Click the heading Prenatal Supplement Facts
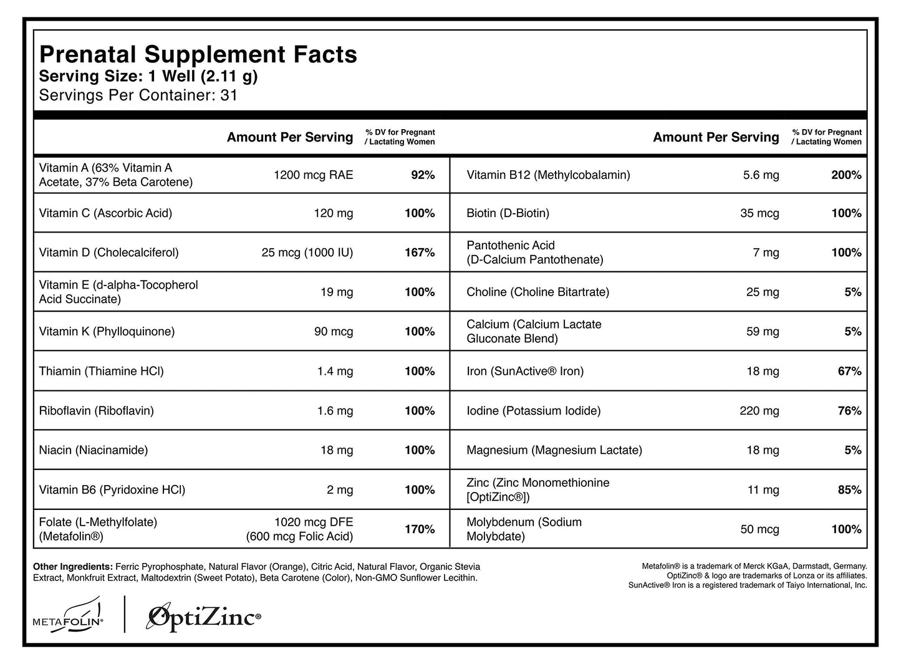(198, 55)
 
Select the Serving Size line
(148, 77)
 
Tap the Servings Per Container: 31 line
(138, 95)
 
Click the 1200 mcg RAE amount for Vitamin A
(313, 175)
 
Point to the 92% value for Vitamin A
(422, 175)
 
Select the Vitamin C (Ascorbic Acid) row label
(105, 213)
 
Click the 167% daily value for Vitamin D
(419, 253)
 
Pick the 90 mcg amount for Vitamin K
(333, 332)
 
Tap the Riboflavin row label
(96, 411)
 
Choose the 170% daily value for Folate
(419, 529)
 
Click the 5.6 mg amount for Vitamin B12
(761, 175)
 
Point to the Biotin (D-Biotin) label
(508, 213)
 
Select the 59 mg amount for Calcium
(762, 332)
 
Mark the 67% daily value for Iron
(849, 372)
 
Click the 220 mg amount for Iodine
(759, 411)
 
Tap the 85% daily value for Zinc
(849, 490)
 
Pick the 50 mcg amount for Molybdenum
(759, 529)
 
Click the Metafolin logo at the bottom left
(69, 614)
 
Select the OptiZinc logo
(203, 617)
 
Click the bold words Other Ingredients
(72, 567)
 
